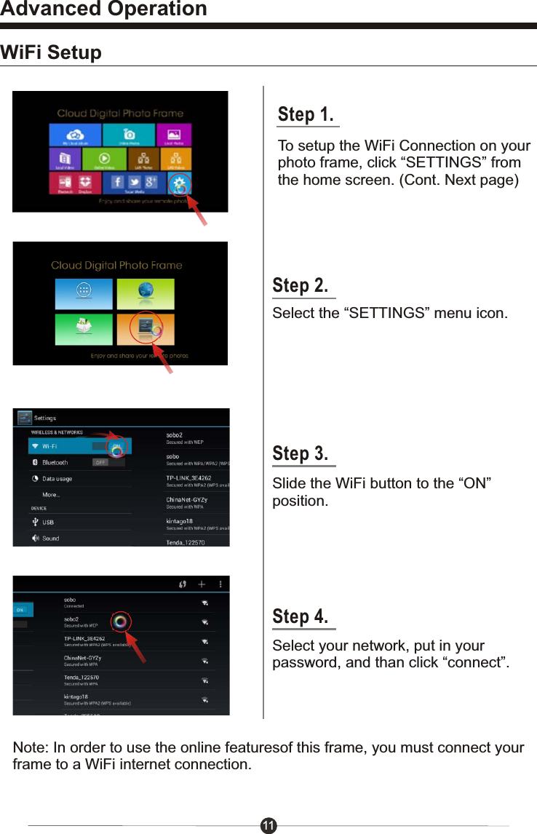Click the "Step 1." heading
(306, 115)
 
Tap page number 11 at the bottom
(268, 825)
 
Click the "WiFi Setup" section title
(52, 53)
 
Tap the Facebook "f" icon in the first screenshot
(117, 182)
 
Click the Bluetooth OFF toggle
(100, 462)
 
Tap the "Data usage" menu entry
(56, 479)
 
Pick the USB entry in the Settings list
(47, 522)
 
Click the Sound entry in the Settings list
(50, 539)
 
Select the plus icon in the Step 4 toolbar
(202, 584)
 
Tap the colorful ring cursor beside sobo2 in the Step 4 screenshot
(120, 621)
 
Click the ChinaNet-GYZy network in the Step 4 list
(82, 659)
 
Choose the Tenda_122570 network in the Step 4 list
(81, 678)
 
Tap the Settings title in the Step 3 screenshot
(45, 418)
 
